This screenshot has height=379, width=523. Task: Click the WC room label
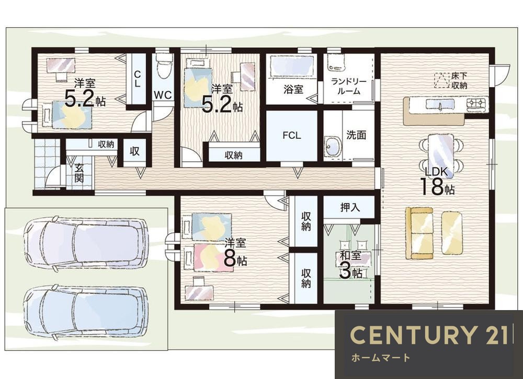click(x=163, y=94)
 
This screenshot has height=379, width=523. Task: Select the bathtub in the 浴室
click(x=291, y=66)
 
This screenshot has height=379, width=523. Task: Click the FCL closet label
click(x=291, y=135)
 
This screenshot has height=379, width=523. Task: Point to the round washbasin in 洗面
click(x=333, y=146)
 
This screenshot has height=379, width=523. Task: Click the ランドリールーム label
click(x=348, y=86)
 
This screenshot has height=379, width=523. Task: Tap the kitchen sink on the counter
click(x=439, y=104)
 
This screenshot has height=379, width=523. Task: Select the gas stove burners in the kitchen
click(x=477, y=102)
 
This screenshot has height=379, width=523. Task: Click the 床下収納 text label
click(x=459, y=80)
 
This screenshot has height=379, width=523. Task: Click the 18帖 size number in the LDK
click(x=437, y=187)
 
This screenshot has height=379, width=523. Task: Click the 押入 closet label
click(x=350, y=207)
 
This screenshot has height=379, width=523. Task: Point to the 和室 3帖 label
click(x=350, y=265)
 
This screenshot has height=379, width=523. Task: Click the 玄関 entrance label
click(x=79, y=173)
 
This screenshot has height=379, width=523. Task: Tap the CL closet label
click(x=137, y=79)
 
